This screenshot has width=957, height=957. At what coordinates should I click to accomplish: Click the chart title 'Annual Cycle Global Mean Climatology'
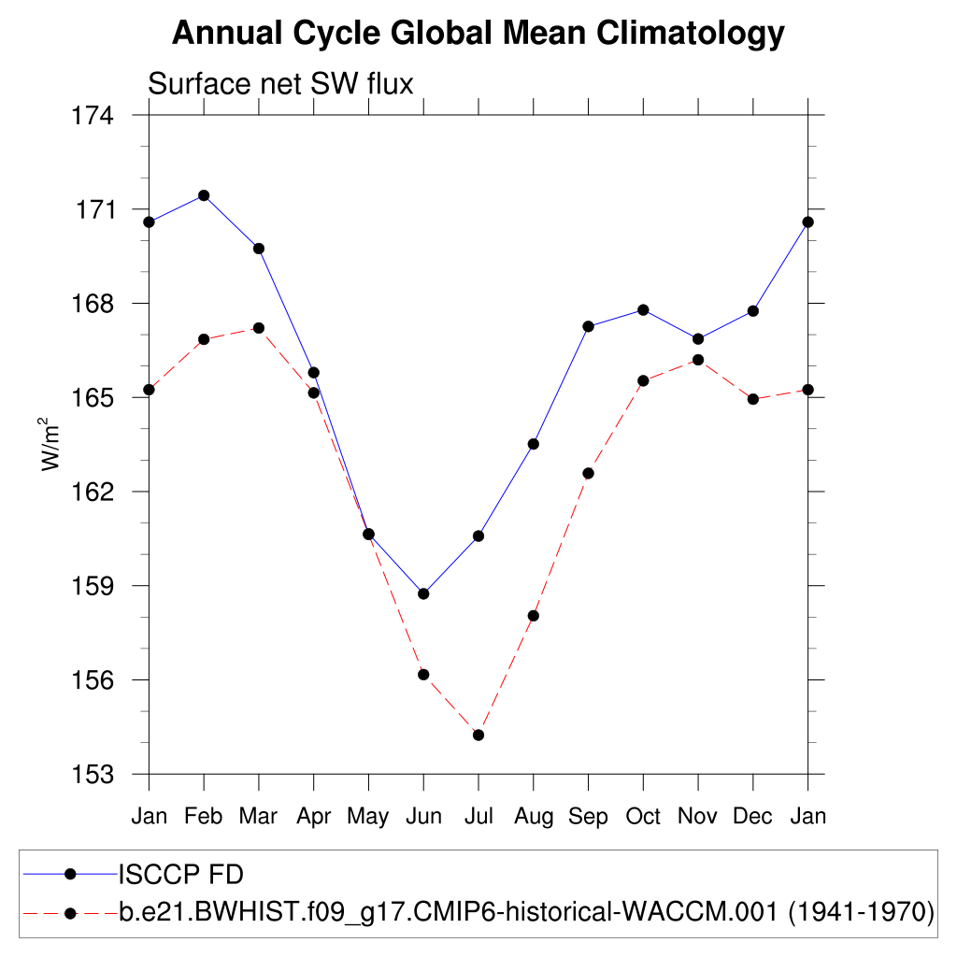(x=478, y=34)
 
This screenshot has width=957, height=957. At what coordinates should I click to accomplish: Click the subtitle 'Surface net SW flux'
(x=280, y=84)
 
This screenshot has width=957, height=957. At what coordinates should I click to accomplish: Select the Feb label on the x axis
(x=203, y=817)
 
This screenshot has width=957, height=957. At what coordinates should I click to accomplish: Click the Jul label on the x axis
(x=478, y=817)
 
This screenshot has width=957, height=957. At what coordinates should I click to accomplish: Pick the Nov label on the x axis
(x=698, y=817)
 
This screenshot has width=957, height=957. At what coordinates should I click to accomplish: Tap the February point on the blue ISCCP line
(x=204, y=195)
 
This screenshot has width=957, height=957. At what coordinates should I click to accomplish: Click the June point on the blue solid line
(x=423, y=593)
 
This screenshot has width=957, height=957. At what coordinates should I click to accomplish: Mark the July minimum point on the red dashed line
(x=478, y=735)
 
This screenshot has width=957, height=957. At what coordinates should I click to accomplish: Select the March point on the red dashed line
(x=259, y=328)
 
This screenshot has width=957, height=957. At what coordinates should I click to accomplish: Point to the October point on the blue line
(x=643, y=309)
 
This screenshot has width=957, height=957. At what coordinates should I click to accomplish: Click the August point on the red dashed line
(x=534, y=616)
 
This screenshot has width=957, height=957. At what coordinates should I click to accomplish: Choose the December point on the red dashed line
(x=753, y=399)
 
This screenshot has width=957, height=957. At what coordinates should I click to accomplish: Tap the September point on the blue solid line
(x=588, y=326)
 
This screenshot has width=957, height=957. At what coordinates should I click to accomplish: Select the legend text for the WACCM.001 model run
(x=527, y=912)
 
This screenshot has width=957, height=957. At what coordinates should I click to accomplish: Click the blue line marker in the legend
(x=69, y=874)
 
